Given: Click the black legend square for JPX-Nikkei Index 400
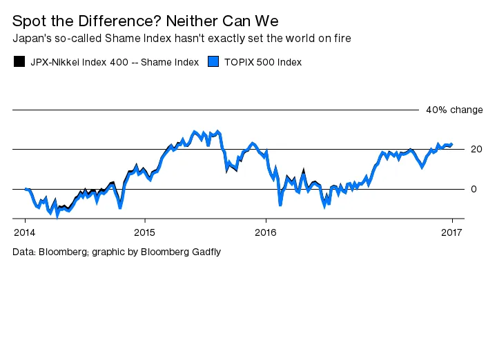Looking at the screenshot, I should pos(19,62).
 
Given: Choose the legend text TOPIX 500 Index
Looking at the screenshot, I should pos(263,62).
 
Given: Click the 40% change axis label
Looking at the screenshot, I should pos(454,110).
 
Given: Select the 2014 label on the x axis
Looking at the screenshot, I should pos(24,231).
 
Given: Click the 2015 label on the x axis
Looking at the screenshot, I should pos(144,231).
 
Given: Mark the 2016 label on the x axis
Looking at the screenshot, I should pos(266,231).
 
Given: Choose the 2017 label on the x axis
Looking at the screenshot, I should pos(452,231).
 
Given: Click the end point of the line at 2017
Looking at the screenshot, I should pos(451,145).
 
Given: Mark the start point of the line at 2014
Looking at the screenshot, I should pos(25,189).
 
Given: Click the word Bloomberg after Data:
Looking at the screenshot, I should pos(60,252).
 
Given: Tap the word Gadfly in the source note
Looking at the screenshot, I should pos(205,252).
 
